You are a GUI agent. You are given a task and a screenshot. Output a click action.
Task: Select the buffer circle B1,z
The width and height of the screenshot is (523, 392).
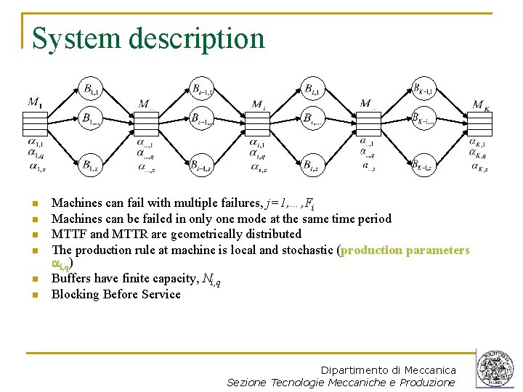pos(91,166)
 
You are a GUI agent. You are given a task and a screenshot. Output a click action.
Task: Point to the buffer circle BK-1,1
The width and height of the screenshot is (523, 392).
pos(423,90)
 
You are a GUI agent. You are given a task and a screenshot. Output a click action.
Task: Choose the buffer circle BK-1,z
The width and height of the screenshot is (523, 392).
pos(423,166)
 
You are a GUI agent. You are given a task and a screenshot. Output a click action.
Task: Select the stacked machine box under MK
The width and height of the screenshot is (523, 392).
pos(482,123)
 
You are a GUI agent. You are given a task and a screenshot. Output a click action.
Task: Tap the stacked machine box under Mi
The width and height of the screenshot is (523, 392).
pos(259,123)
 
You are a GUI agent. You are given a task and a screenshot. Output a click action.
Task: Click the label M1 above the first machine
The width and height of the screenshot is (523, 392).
pos(34,102)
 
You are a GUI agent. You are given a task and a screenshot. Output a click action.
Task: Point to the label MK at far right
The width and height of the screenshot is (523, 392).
pos(482,105)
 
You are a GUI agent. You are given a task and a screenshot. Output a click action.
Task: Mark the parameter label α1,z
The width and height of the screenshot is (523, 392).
pos(36,166)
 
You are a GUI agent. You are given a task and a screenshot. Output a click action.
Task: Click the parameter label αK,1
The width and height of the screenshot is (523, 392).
pos(478,144)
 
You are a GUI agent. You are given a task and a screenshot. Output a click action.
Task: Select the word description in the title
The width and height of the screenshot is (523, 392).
pos(195,38)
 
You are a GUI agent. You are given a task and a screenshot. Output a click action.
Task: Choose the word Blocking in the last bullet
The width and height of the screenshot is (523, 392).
pos(76,294)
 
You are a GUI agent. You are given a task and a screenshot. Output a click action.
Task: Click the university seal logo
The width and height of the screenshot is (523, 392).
pos(496,369)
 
